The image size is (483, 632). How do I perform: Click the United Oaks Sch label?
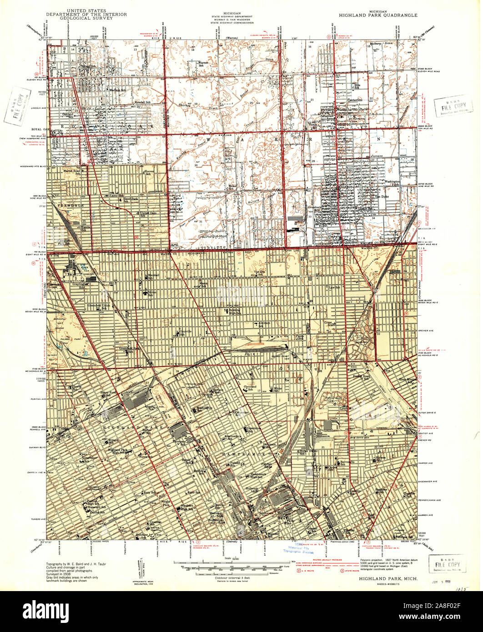pos(147,214)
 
